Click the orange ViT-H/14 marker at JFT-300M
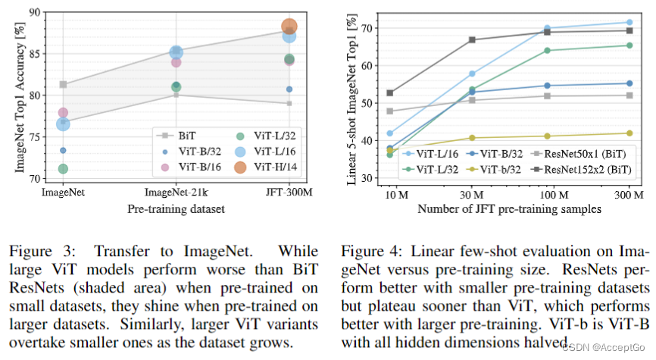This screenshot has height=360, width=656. point(289,27)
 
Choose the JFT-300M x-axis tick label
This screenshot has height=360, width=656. point(289,192)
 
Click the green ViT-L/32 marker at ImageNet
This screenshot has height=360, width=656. point(63,168)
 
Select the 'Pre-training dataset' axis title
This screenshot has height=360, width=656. point(176,205)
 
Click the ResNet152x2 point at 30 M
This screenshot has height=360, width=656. point(472,39)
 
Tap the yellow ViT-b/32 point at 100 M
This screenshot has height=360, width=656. point(548,136)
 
